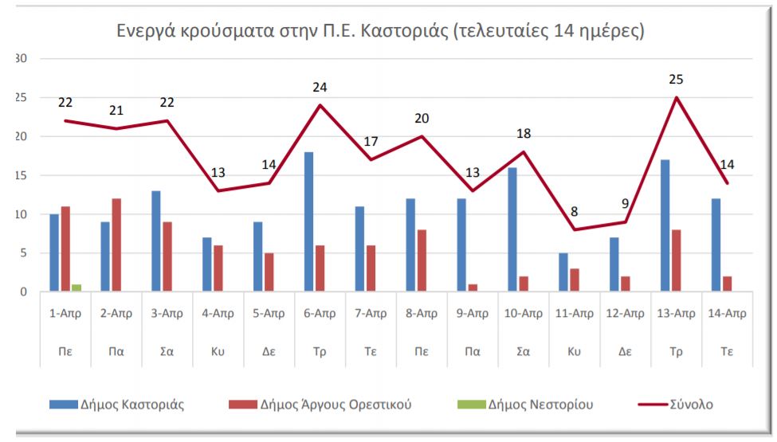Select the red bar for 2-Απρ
pyautogui.click(x=117, y=245)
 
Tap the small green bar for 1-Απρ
pyautogui.click(x=77, y=287)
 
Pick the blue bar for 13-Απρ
pyautogui.click(x=665, y=226)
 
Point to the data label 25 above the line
pyautogui.click(x=677, y=80)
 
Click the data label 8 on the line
pyautogui.click(x=575, y=212)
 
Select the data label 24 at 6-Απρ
pyautogui.click(x=320, y=88)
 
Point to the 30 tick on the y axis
pyautogui.click(x=22, y=59)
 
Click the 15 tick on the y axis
pyautogui.click(x=22, y=175)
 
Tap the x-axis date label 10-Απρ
pyautogui.click(x=524, y=313)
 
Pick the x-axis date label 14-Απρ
pyautogui.click(x=728, y=313)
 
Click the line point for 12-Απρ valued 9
pyautogui.click(x=626, y=222)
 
